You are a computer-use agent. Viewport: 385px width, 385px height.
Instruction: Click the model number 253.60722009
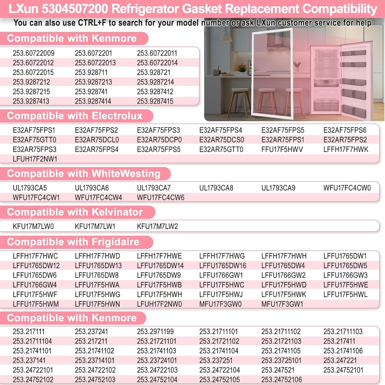[x=33, y=53]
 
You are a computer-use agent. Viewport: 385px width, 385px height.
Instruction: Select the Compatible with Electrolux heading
[x=75, y=115]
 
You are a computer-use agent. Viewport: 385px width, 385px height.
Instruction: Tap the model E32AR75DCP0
[x=159, y=140]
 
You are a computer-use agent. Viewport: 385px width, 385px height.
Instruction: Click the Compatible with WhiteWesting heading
[x=84, y=174]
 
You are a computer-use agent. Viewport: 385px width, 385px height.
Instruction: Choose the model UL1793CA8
[x=216, y=188]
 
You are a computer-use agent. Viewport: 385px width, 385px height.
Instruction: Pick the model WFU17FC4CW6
[x=161, y=198]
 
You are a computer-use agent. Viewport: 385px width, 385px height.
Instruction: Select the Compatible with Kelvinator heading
[x=75, y=212]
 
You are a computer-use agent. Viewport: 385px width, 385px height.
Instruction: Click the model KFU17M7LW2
[x=157, y=226]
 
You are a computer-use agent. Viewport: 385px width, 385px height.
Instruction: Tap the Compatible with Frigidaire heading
[x=73, y=242]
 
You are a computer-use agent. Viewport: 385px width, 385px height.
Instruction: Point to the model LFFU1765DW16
[x=223, y=266]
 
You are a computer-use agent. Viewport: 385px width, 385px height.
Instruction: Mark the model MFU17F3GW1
[x=282, y=304]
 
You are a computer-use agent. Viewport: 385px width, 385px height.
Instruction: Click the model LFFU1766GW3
[x=345, y=275]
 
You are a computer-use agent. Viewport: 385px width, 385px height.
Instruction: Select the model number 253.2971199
[x=155, y=331]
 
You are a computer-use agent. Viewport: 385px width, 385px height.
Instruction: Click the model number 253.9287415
[x=155, y=101]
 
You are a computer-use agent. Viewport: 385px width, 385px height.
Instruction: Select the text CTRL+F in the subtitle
[x=93, y=23]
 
